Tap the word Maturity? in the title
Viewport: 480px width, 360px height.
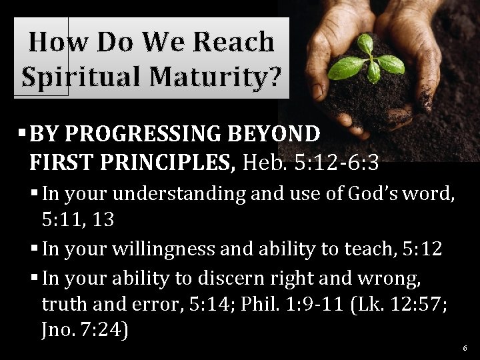(x=215, y=77)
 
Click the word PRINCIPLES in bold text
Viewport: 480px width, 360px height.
(x=167, y=161)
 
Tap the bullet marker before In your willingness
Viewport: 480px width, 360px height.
(x=35, y=249)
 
